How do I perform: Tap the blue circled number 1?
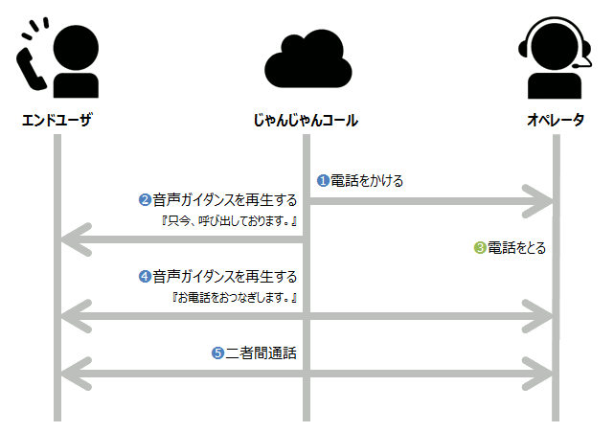pyautogui.click(x=323, y=180)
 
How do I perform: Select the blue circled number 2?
pyautogui.click(x=145, y=200)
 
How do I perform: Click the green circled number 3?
pyautogui.click(x=480, y=248)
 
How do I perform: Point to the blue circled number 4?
pyautogui.click(x=145, y=277)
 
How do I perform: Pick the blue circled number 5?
pyautogui.click(x=217, y=352)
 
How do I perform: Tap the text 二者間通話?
pyautogui.click(x=261, y=352)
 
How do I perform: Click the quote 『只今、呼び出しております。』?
pyautogui.click(x=230, y=221)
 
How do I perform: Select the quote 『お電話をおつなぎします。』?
pyautogui.click(x=235, y=298)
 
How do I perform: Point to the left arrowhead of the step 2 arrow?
pyautogui.click(x=73, y=239)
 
